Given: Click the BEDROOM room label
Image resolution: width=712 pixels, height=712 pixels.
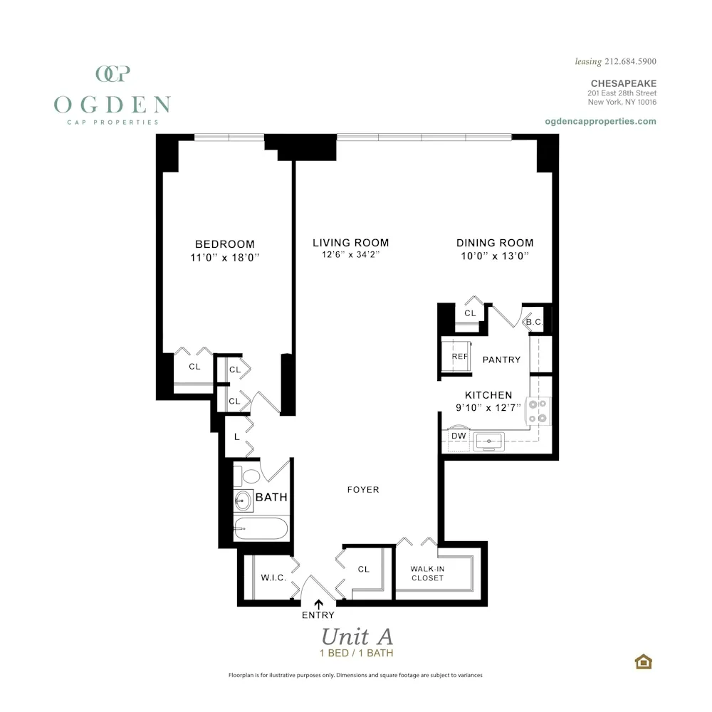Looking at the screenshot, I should click(224, 244).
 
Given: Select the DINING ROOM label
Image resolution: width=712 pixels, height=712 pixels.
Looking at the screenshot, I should click(495, 243).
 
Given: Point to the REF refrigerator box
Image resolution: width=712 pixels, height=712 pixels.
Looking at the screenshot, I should click(459, 356).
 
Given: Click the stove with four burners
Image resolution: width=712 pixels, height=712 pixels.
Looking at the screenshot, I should click(538, 410).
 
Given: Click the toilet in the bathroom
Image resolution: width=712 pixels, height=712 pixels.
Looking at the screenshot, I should click(250, 476).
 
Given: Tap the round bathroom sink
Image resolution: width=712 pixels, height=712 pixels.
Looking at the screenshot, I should click(244, 500).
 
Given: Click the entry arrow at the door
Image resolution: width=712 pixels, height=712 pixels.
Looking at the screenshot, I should click(318, 604).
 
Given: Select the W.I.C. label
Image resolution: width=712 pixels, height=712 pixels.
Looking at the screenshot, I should click(273, 578).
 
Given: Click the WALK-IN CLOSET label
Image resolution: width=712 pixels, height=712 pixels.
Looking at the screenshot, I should click(427, 573).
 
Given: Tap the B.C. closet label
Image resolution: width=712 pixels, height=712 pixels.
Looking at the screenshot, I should click(535, 323).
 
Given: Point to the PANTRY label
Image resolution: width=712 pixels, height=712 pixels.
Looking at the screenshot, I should click(501, 360).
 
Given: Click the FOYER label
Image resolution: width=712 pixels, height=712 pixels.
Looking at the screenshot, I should click(363, 489).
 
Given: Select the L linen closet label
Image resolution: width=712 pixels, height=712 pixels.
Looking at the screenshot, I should click(236, 435).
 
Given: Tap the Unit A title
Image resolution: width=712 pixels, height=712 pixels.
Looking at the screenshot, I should click(357, 635).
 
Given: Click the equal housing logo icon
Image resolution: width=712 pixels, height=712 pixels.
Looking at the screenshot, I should click(644, 661).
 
